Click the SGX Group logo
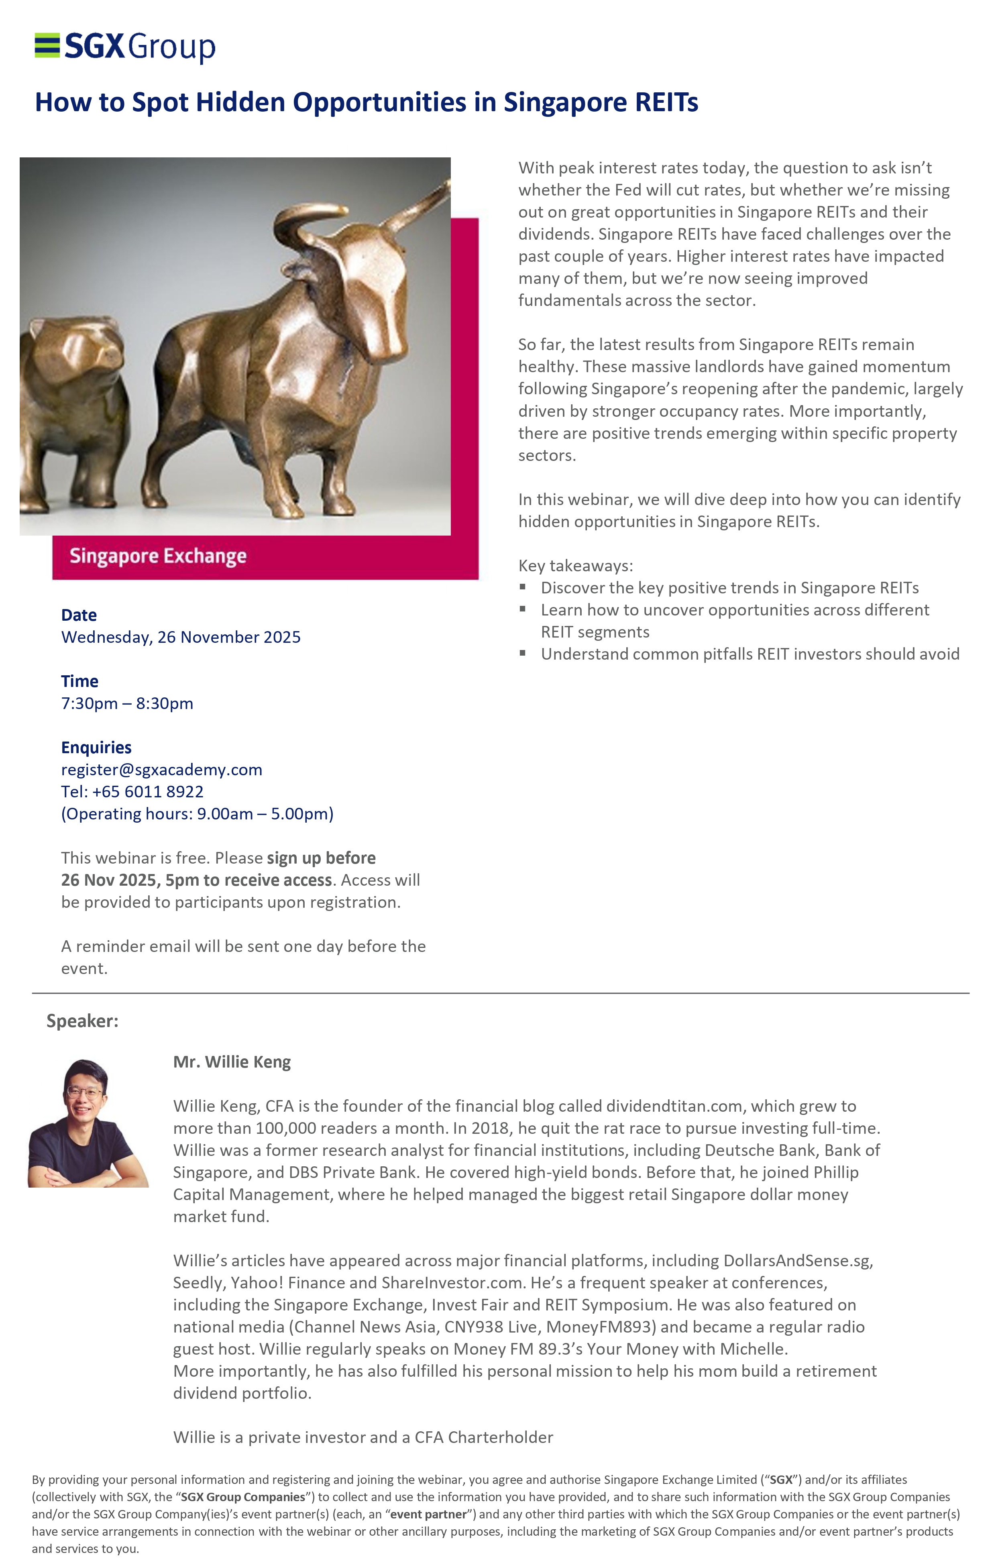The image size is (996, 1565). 125,47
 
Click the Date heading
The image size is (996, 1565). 79,615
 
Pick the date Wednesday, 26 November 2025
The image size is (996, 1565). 181,637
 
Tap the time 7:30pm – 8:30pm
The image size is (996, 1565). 127,703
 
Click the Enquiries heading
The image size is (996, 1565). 96,748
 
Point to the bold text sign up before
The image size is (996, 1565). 321,858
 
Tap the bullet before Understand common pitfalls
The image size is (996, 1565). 523,653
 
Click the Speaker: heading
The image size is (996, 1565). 83,1021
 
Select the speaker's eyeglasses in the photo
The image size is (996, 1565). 84,1092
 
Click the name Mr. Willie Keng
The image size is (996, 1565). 232,1062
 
